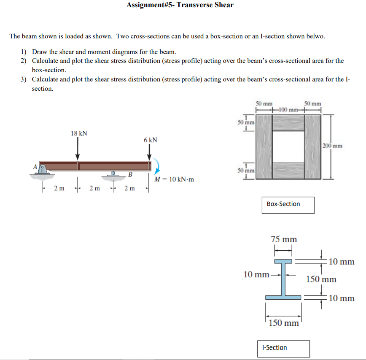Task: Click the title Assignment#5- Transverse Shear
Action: click(180, 5)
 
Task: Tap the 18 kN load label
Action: click(79, 133)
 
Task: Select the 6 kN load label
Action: click(150, 140)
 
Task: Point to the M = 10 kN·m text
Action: click(174, 179)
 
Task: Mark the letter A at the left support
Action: click(35, 166)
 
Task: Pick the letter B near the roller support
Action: click(130, 174)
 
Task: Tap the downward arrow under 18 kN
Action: click(78, 149)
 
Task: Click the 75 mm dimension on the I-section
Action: click(283, 239)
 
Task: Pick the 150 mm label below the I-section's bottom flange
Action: click(283, 323)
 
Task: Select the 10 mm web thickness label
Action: click(256, 275)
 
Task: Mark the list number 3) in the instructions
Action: click(24, 79)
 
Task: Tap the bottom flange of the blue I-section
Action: click(283, 298)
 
